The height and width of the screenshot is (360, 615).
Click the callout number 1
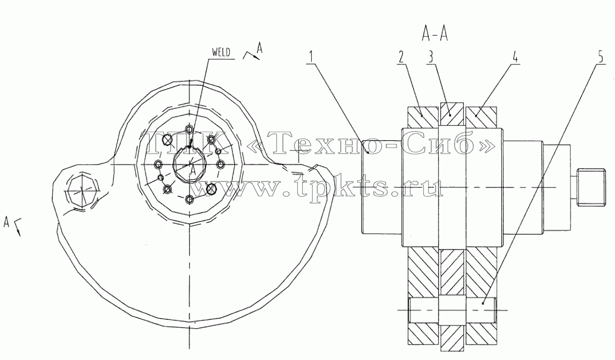tap(311, 57)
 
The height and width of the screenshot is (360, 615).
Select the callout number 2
tap(401, 57)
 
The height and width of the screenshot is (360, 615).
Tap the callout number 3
tap(430, 57)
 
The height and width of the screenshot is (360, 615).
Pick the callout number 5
tap(601, 57)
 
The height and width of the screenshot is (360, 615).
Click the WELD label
tap(221, 52)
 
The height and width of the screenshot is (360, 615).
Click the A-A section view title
tap(435, 35)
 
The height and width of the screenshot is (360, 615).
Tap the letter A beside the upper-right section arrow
tap(259, 48)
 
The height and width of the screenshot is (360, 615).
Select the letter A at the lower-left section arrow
tap(6, 223)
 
